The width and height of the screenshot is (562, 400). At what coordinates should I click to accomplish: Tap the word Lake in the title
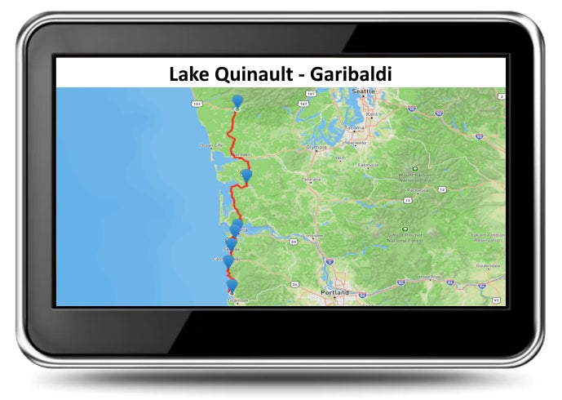click(188, 73)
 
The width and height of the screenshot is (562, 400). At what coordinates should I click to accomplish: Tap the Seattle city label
click(362, 91)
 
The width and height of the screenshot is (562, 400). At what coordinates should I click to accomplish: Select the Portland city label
click(334, 292)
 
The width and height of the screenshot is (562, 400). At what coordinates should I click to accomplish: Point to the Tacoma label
click(354, 128)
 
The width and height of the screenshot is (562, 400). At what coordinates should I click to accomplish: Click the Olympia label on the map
click(316, 149)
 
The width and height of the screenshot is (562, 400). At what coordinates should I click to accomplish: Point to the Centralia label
click(312, 179)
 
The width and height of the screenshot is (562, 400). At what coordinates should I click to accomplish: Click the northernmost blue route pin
click(237, 101)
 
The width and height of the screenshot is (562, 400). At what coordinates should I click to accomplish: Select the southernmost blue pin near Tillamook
click(232, 285)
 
